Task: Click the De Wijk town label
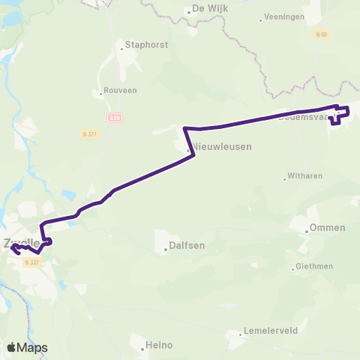[210, 9]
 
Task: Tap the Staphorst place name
[148, 45]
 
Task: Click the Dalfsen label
[187, 244]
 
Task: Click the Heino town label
[160, 345]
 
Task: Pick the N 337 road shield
[31, 262]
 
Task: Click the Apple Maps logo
[27, 347]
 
